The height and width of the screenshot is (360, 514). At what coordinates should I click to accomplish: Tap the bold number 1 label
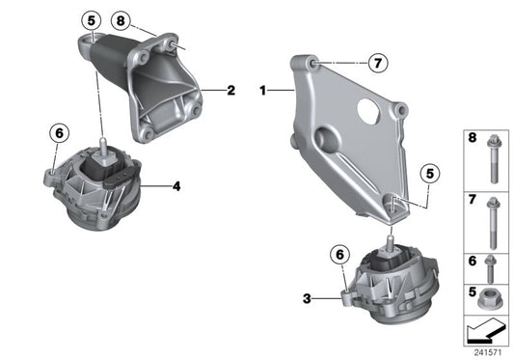[x=261, y=91]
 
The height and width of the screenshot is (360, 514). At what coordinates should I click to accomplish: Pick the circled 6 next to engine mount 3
[x=338, y=255]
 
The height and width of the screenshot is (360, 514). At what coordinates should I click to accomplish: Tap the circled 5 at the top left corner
[x=90, y=19]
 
